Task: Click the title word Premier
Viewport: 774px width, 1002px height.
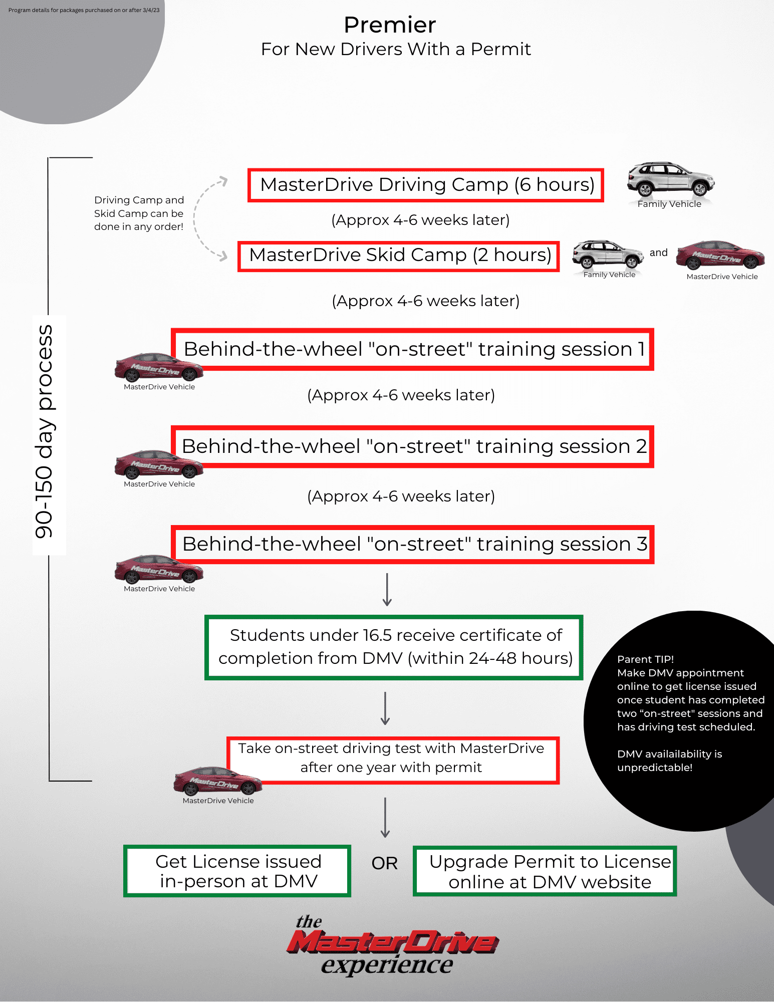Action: [x=390, y=25]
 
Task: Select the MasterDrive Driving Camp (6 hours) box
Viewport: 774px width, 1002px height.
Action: [x=426, y=185]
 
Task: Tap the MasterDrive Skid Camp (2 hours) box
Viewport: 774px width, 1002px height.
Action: [x=399, y=256]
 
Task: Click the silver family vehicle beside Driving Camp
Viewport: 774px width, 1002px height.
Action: [x=670, y=179]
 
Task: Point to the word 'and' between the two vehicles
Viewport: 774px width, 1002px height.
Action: [x=658, y=253]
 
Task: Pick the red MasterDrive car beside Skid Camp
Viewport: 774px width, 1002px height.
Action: [x=720, y=256]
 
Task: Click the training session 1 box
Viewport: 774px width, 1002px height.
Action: [x=413, y=349]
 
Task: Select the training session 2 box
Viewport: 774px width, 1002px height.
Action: [x=413, y=446]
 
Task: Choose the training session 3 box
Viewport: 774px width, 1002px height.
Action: [x=413, y=544]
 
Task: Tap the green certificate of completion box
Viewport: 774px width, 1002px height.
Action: [x=394, y=647]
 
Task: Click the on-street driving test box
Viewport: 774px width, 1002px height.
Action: [x=393, y=759]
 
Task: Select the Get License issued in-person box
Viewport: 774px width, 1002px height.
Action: [x=237, y=871]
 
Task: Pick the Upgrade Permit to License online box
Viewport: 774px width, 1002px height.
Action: [x=545, y=871]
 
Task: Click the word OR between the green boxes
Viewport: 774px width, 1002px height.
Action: [x=384, y=863]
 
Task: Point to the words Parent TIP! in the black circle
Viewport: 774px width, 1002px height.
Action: [x=645, y=659]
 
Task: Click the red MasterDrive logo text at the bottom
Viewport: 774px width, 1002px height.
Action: [x=393, y=942]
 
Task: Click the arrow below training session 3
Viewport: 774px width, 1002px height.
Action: [x=387, y=590]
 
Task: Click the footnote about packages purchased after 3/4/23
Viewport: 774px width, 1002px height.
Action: [x=84, y=10]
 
